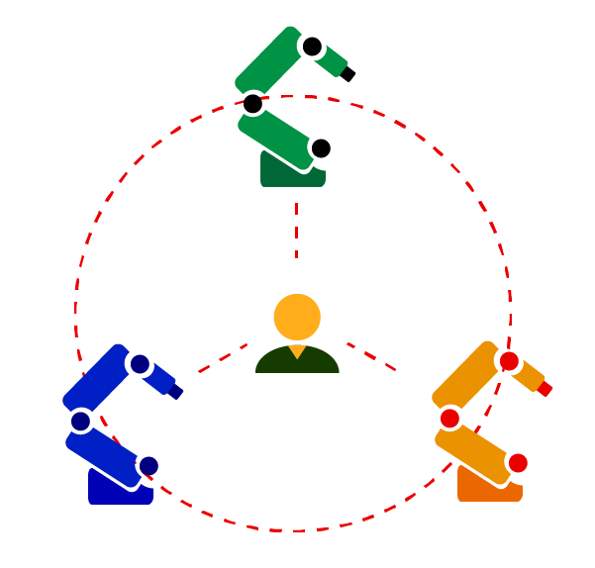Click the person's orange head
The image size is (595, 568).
[x=297, y=318]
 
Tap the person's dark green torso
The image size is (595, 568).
[x=297, y=360]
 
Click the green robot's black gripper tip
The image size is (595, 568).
[x=347, y=74]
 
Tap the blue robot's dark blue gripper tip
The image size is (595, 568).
[x=176, y=392]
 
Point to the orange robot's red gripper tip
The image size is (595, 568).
[x=545, y=389]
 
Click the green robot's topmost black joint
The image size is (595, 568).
[x=312, y=46]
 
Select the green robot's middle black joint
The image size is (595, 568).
[x=252, y=103]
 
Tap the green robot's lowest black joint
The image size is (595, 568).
[x=321, y=148]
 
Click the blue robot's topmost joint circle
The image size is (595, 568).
[x=140, y=364]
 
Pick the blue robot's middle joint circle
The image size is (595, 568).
[x=80, y=421]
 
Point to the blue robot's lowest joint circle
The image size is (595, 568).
[x=149, y=465]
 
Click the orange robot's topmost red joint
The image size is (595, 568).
[x=509, y=361]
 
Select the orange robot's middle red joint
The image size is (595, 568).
[x=449, y=418]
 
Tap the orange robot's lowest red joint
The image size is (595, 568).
[x=518, y=462]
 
